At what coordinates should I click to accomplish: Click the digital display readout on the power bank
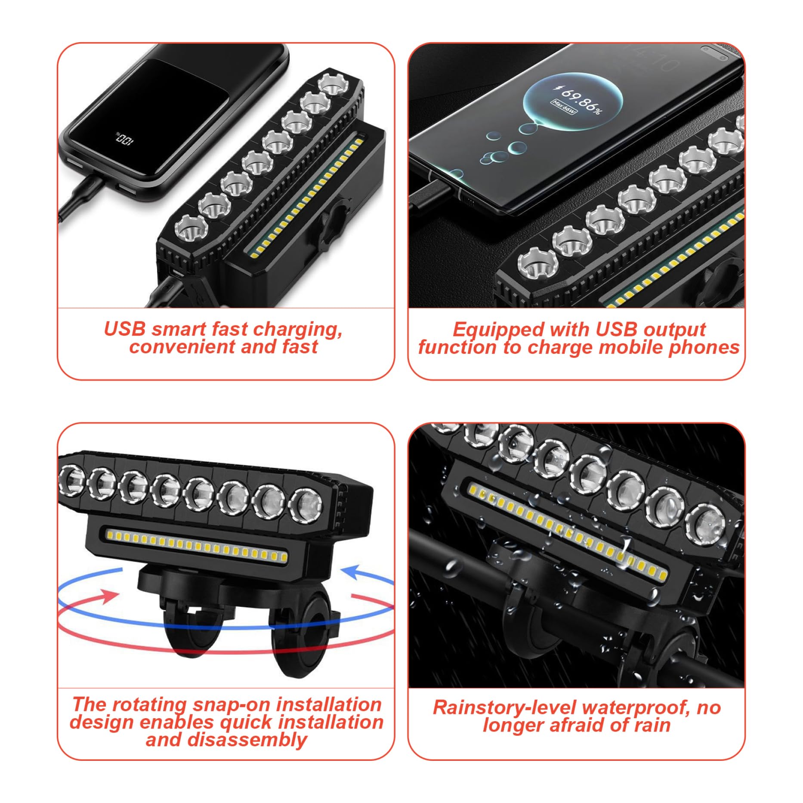click(124, 139)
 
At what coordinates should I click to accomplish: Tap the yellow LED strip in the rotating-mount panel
click(196, 546)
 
